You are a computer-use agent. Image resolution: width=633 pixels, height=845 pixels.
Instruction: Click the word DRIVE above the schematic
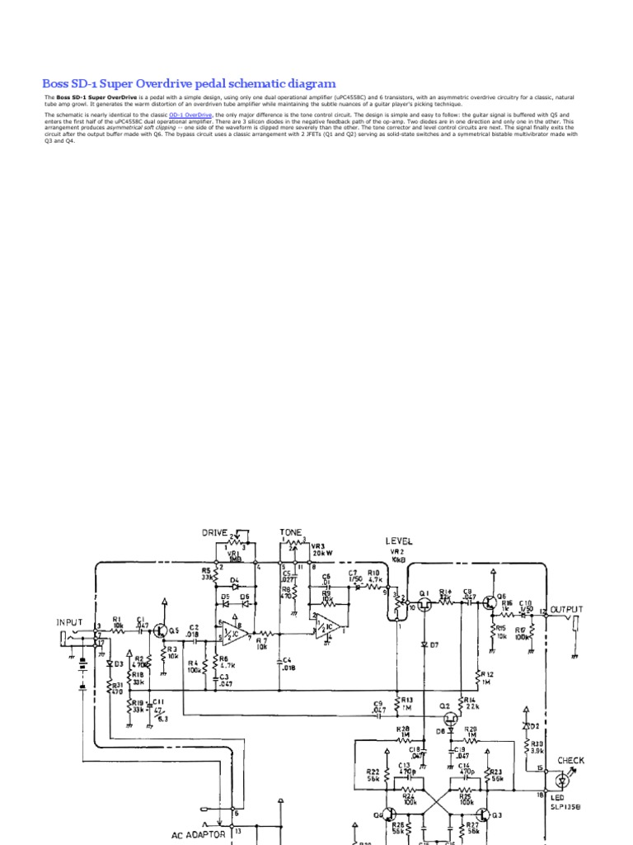point(214,532)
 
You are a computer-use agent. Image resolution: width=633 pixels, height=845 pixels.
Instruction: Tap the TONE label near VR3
point(291,532)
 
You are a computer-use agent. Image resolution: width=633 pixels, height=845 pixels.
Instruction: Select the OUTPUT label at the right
point(566,609)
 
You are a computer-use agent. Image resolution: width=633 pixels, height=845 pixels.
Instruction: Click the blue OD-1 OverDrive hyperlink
point(190,115)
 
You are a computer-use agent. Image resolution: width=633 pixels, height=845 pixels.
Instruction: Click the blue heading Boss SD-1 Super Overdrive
point(189,83)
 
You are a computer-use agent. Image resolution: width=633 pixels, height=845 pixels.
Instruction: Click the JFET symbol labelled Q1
point(424,604)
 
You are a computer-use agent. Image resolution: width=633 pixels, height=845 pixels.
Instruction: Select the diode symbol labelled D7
point(424,644)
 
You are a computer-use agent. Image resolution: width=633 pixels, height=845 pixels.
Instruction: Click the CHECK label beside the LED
point(571,760)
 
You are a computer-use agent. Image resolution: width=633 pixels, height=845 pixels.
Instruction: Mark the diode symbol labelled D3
point(108,663)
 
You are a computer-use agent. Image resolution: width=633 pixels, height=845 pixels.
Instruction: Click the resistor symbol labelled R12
point(479,678)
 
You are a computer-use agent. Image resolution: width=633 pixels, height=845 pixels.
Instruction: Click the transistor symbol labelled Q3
point(486,814)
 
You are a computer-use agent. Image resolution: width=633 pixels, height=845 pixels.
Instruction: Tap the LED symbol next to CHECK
point(563,779)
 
